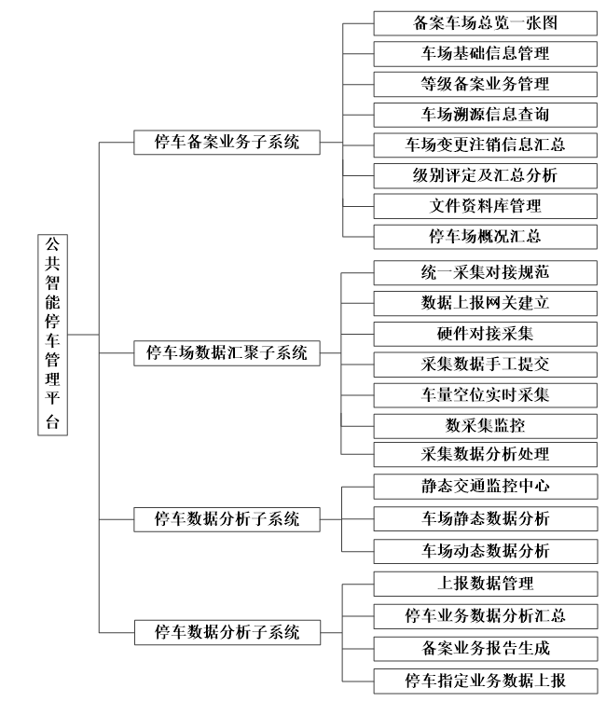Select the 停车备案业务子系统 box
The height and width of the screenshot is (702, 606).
[227, 143]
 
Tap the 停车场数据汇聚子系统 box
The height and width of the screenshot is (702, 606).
[227, 352]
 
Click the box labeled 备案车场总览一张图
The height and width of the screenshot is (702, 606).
[485, 21]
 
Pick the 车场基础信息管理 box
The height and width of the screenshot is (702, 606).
[485, 52]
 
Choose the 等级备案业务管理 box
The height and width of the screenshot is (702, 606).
[485, 83]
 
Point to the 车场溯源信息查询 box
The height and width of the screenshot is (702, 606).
[485, 114]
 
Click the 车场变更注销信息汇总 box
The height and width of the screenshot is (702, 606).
[485, 145]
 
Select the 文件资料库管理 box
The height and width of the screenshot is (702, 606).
[485, 205]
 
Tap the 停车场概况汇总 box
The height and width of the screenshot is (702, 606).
[485, 236]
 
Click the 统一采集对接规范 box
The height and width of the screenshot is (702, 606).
[485, 272]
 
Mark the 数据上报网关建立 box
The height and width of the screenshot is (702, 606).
[485, 303]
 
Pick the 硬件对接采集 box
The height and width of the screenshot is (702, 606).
[485, 333]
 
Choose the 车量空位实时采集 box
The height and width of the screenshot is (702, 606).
[485, 394]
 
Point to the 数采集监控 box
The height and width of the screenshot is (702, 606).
[485, 425]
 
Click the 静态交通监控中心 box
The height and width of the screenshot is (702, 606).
[485, 486]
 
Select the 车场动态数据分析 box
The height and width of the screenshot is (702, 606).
[485, 548]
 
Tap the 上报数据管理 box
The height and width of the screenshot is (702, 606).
[485, 585]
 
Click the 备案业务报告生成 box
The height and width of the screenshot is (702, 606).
[485, 646]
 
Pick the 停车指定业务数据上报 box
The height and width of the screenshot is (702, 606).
[485, 678]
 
